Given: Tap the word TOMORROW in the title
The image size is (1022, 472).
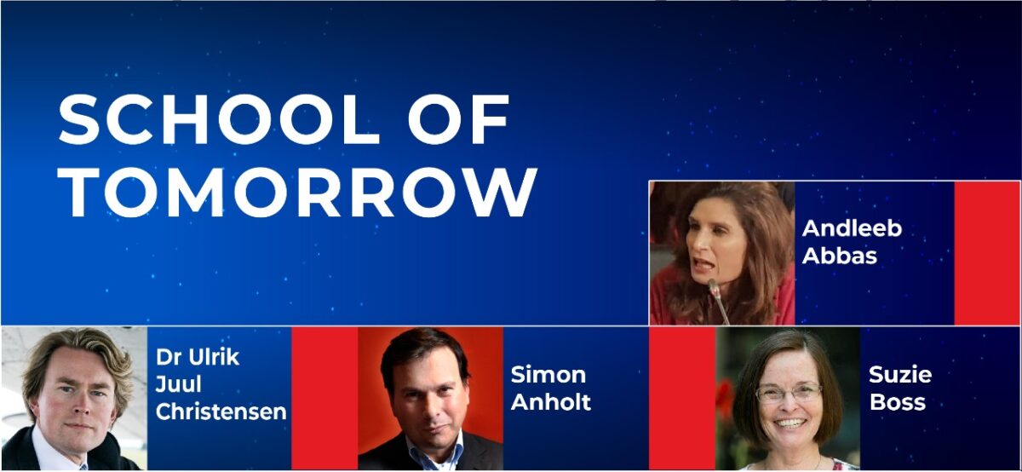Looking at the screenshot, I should [297, 192].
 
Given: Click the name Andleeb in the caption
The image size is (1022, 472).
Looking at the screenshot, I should [852, 229].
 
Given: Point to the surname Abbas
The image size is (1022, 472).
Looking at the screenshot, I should [840, 255].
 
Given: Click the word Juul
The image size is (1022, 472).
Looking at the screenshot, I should [175, 384].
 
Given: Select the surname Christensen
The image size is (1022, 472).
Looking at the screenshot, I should [221, 412].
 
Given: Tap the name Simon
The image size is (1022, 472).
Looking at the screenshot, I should [548, 375].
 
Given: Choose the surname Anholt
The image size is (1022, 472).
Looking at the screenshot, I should [551, 402].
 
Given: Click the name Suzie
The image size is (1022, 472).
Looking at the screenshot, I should [900, 375].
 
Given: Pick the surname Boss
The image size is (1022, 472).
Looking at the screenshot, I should [897, 402].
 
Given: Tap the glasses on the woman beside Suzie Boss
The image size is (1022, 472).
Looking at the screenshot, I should [789, 393].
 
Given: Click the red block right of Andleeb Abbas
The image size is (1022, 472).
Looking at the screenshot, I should [986, 253].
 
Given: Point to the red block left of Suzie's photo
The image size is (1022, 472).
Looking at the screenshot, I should [682, 398].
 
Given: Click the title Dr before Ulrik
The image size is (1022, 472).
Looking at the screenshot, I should [167, 357].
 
